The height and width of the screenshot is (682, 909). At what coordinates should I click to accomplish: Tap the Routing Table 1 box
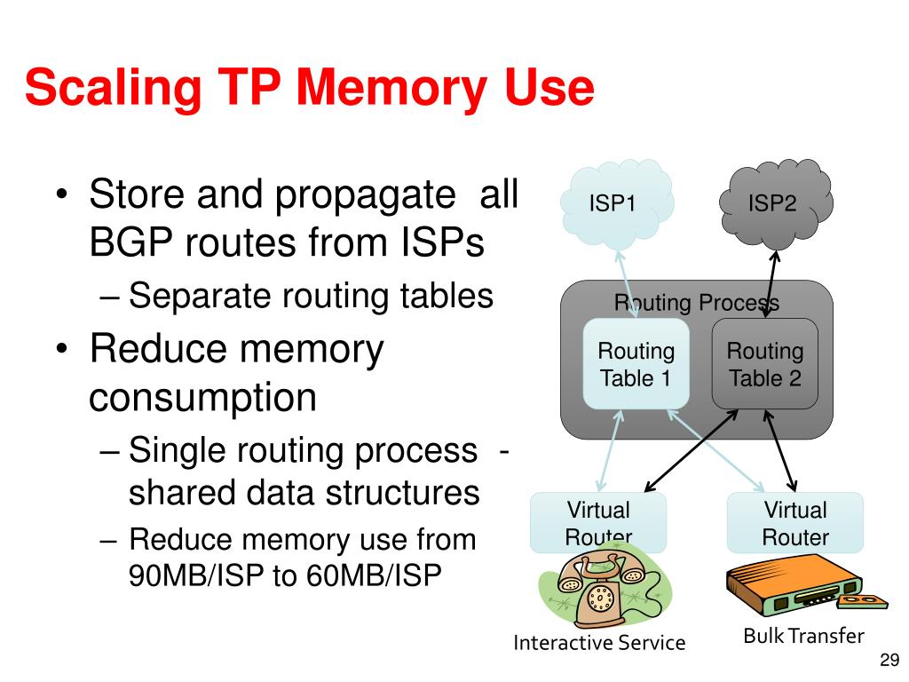636,365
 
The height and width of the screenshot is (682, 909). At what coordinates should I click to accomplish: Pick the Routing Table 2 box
764,365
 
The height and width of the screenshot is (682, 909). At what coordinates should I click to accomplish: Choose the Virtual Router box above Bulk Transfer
794,523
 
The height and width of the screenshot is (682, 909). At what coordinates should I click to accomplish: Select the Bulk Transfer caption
802,636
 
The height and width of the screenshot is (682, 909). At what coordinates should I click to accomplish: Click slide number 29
889,659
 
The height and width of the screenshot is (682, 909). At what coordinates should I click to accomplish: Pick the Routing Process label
697,303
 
